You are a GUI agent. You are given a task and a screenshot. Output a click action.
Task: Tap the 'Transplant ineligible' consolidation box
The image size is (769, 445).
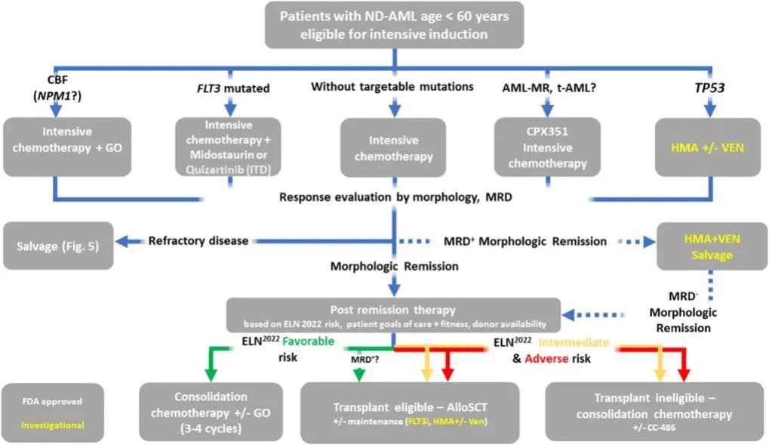point(651,411)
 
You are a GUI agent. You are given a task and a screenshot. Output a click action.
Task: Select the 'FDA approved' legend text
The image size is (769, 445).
point(52,402)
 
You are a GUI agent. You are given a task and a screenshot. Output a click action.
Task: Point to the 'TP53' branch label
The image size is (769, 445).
point(709,87)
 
